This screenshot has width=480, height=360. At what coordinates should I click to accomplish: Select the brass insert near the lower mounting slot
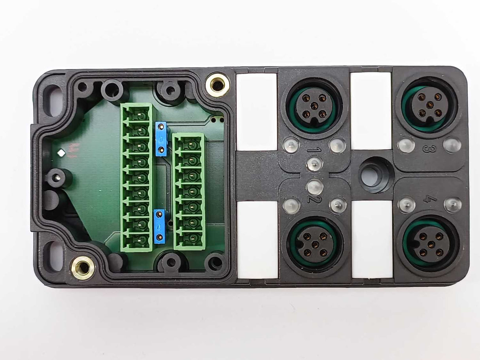[83, 268]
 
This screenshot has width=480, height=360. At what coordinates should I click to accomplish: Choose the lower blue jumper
[159, 226]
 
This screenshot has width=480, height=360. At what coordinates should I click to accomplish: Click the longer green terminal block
[137, 177]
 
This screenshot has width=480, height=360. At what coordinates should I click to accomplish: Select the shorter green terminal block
[189, 191]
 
